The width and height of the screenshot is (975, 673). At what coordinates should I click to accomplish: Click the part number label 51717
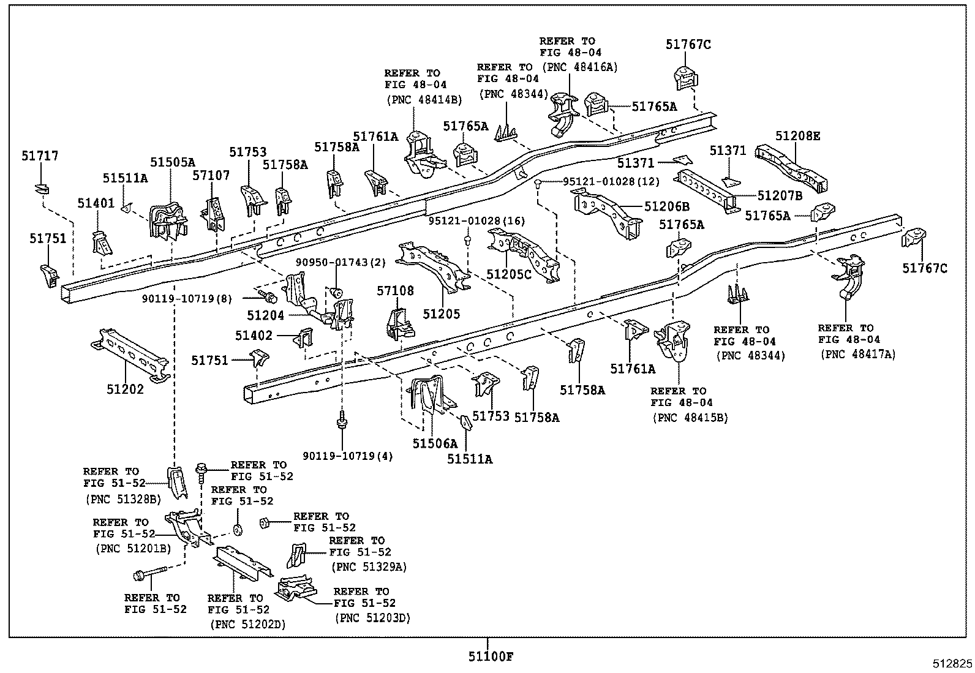click(40, 156)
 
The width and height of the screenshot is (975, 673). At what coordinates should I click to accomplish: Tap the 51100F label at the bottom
click(491, 657)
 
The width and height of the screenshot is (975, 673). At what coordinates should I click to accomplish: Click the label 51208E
click(797, 136)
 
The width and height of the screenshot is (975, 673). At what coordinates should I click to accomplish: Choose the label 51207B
click(779, 195)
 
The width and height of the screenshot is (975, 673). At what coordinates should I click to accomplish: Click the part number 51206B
click(666, 207)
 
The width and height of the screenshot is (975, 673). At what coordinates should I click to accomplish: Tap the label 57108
click(395, 291)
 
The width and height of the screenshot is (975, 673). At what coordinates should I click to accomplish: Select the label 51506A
click(435, 443)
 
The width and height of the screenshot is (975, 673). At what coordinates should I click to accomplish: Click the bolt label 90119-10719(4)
click(348, 456)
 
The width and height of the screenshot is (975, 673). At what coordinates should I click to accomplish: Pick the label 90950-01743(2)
click(341, 262)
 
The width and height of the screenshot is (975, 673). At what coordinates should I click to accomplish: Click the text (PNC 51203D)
click(372, 618)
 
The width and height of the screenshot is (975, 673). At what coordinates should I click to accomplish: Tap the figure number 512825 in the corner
click(952, 663)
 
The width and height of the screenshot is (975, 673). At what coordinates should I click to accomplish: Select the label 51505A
click(172, 162)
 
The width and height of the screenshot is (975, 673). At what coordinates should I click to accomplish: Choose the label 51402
click(254, 335)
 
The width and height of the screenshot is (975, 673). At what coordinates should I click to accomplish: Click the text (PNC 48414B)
click(424, 99)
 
